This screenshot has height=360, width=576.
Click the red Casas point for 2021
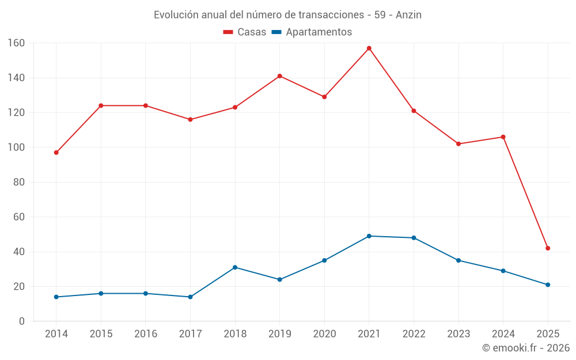pos(369,48)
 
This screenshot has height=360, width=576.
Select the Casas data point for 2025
pos(548,248)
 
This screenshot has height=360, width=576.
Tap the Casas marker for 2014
pos(56,153)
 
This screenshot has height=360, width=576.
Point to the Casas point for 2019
pos(280,76)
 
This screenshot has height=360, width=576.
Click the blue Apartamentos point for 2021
pos(369,236)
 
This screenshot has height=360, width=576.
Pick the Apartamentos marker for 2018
pos(235,267)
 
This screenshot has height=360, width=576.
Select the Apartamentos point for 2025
pos(548,285)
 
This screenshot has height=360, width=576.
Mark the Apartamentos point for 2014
pos(56,297)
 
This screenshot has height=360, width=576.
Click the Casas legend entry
pos(245,32)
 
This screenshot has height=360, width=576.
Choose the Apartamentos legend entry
pos(312,32)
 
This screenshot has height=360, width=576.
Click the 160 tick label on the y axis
pos(16,43)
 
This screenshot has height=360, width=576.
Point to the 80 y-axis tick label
pos(19,183)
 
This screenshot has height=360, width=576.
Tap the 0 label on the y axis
pos(22,321)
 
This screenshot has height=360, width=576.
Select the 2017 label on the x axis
pos(190,334)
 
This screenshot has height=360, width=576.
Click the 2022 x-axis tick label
pos(414,334)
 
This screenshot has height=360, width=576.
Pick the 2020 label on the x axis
pos(324,334)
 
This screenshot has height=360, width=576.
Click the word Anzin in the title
pos(408,15)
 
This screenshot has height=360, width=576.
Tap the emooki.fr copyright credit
pos(526,348)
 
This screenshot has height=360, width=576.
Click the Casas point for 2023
pos(458,144)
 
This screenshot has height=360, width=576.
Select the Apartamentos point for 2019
pos(280,279)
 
